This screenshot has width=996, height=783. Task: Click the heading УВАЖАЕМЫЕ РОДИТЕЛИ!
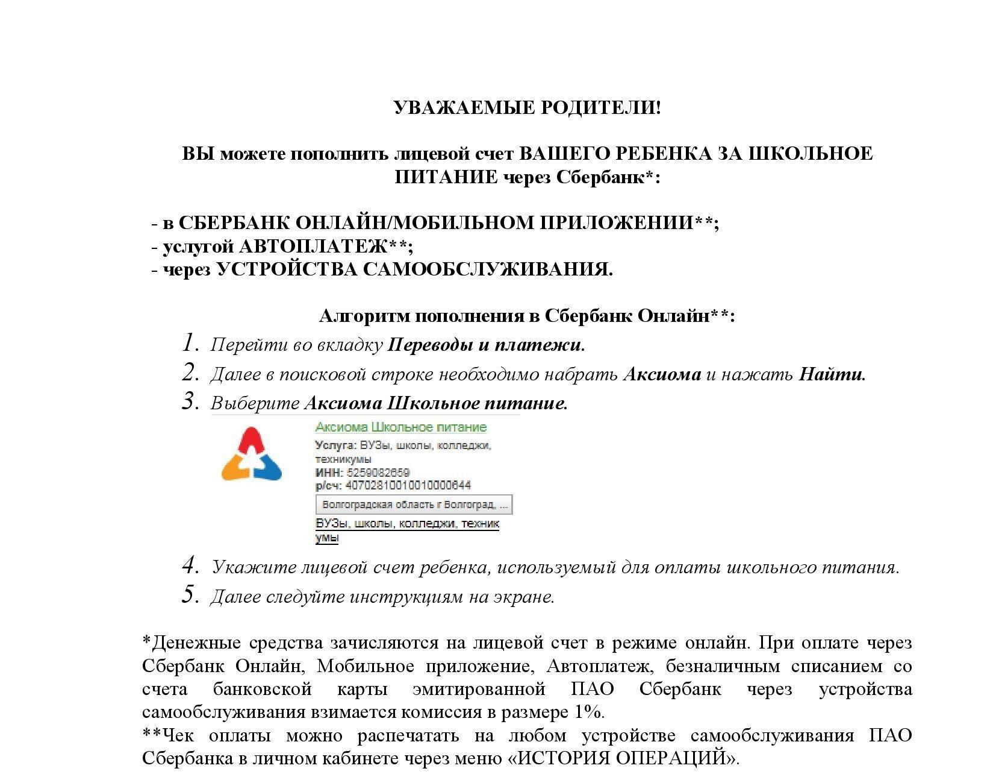click(527, 108)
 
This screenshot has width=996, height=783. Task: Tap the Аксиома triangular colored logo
click(252, 454)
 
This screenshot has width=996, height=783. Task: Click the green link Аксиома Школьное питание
click(400, 427)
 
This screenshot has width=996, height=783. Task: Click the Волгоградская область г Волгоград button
click(414, 504)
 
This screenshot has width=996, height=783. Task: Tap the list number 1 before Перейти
click(190, 344)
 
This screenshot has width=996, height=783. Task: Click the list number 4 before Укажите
click(190, 566)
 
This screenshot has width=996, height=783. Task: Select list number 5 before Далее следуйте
click(190, 596)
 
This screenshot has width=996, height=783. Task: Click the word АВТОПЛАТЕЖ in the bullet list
click(313, 246)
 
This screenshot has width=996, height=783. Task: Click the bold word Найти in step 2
click(830, 374)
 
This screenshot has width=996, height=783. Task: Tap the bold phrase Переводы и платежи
click(485, 345)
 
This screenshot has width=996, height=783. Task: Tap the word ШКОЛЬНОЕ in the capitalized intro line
click(809, 153)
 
